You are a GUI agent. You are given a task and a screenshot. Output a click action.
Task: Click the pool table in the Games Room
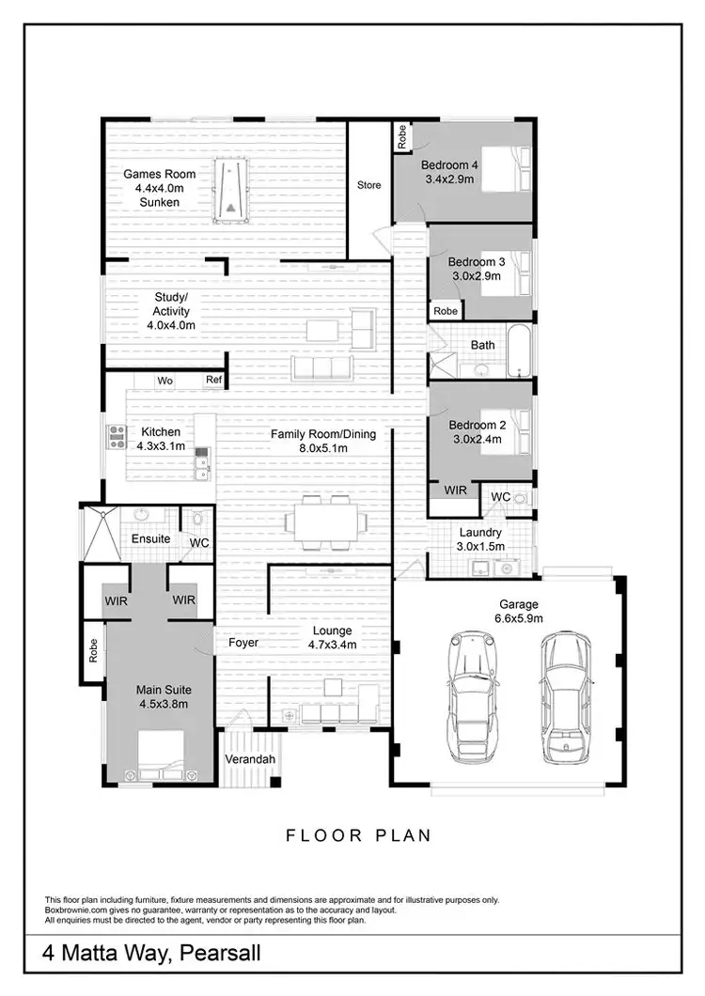pos(231,192)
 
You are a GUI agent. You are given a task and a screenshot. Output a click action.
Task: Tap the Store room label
pos(369,185)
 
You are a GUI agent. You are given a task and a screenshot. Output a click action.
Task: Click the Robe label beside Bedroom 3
pos(446,311)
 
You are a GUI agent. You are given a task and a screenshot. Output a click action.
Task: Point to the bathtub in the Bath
pos(518,350)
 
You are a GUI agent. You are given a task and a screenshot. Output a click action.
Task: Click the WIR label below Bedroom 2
pos(455,490)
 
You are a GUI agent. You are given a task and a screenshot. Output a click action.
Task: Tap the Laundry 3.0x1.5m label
pos(480,538)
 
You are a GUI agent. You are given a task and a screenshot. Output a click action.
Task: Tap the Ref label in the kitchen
pos(215,381)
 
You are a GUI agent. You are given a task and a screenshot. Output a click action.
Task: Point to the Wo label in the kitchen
pos(164,381)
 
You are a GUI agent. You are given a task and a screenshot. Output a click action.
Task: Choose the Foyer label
pos(243,644)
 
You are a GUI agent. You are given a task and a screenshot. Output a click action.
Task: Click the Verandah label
pos(250,758)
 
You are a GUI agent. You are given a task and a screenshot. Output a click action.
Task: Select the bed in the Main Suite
pos(166,757)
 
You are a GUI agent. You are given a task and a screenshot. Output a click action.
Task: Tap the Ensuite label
pos(150,539)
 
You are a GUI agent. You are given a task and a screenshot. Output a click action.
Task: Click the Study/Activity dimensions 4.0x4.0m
pos(171,325)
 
